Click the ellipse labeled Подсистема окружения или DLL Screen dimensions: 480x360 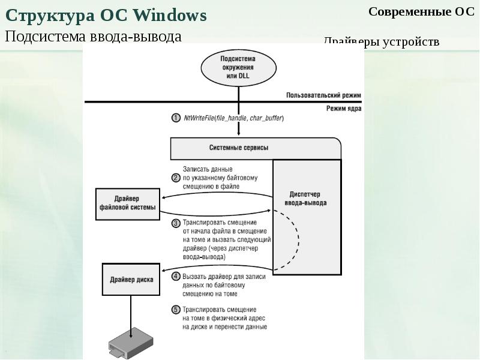pos(238,68)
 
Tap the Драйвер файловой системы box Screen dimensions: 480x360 pos(128,204)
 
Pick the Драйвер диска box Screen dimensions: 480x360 pos(131,279)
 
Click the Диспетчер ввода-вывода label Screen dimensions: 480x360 pos(305,199)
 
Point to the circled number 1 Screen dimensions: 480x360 pos(176,118)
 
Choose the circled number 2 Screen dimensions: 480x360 pos(176,178)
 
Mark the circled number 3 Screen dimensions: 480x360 pos(176,223)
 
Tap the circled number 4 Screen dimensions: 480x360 pos(176,277)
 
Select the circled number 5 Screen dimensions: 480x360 pos(176,310)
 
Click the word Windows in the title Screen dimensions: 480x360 pos(170,16)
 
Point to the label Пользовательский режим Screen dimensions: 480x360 pos(323,95)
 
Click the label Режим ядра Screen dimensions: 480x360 pos(343,109)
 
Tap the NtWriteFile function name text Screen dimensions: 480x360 pos(199,118)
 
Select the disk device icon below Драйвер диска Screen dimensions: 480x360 pos(131,343)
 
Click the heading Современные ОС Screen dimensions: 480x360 pos(421,11)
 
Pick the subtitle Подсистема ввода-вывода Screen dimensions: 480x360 pos(94,37)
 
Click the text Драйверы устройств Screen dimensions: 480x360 pos(382,41)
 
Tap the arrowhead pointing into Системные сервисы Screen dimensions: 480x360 pos(238,133)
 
